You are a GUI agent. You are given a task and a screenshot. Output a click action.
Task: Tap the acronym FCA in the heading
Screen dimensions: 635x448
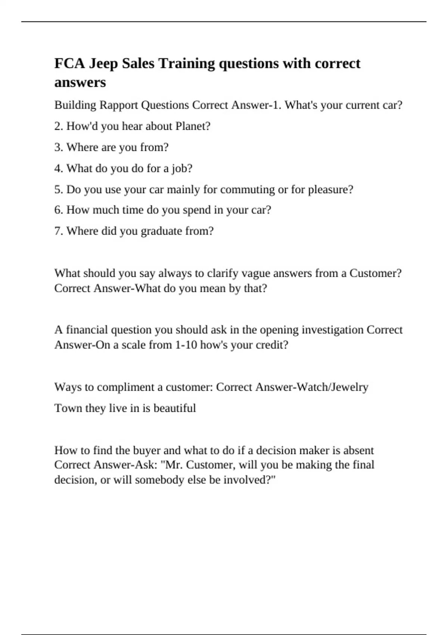(69, 63)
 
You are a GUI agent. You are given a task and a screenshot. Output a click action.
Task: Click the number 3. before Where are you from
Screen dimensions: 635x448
(59, 147)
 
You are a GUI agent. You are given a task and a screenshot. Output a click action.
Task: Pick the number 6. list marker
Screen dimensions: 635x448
(59, 210)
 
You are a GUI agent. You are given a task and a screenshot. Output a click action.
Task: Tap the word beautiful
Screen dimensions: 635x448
(174, 408)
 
